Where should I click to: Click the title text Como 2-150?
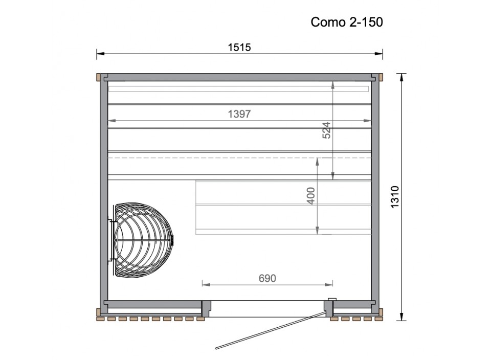point(347,22)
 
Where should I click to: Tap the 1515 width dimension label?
point(239,47)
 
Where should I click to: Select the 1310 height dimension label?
point(395,196)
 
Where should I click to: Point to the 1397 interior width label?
point(239,114)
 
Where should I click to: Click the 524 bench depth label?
point(327,130)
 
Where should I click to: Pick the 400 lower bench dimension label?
point(310,196)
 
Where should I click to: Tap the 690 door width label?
point(267,278)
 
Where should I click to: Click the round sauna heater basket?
point(143,240)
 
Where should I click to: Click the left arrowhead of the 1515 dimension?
point(100,54)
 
